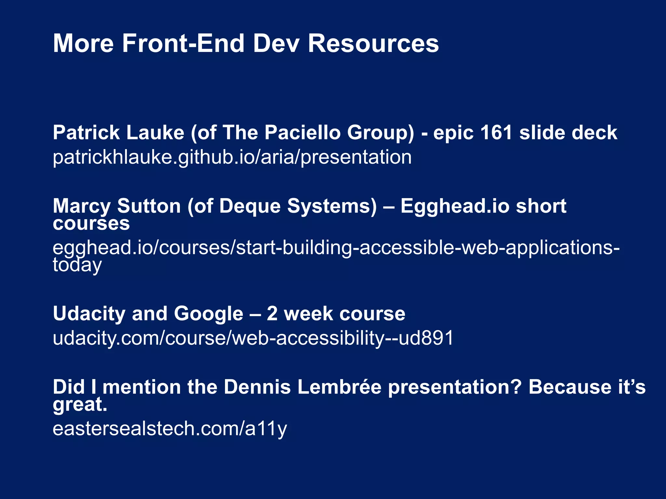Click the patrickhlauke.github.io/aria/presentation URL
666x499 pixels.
(232, 157)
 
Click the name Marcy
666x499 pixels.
(82, 207)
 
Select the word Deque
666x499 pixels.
(250, 207)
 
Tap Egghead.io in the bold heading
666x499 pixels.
(455, 207)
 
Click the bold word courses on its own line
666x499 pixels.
(91, 224)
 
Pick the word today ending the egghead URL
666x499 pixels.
(77, 265)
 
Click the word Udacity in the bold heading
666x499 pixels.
(89, 314)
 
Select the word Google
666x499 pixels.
(208, 314)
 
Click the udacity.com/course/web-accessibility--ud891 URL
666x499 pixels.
(253, 338)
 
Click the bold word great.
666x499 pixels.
(80, 405)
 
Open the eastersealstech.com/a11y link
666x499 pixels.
(170, 429)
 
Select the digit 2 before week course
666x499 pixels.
(272, 314)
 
